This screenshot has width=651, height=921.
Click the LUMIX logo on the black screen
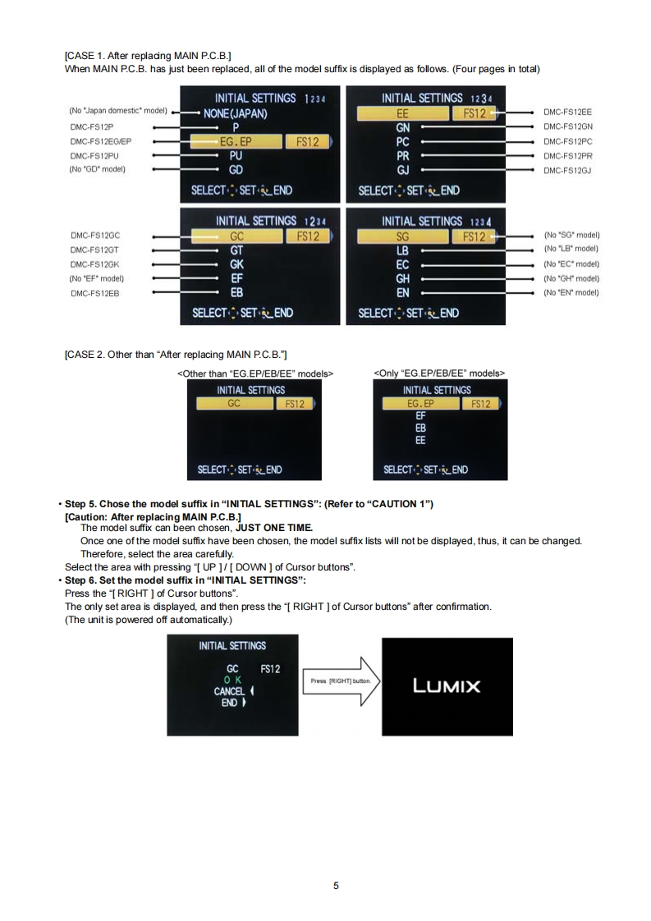[447, 685]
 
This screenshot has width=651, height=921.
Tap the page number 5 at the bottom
[336, 885]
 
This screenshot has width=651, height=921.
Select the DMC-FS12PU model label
[92, 155]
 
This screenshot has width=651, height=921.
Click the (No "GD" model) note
[97, 169]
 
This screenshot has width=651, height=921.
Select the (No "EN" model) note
[571, 292]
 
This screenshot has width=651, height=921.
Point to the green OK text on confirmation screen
[233, 680]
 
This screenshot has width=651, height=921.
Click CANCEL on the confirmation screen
[230, 691]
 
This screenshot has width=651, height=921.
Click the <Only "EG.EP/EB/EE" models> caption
[439, 373]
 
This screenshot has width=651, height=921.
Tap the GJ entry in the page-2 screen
[403, 170]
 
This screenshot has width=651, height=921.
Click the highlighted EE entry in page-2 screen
[402, 113]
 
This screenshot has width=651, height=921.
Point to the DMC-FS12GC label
[92, 236]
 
